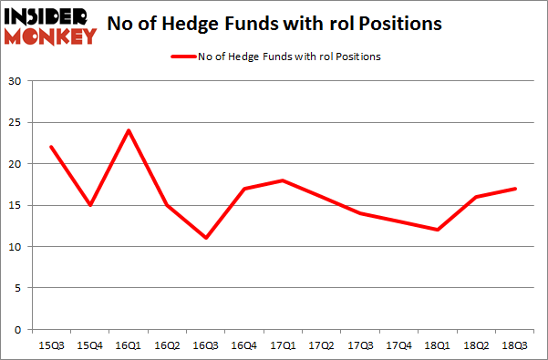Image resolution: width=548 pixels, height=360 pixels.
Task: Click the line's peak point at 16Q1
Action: tap(129, 130)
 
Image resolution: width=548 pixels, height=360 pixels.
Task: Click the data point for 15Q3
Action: tap(51, 147)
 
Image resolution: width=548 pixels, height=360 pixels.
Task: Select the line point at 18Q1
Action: tap(440, 230)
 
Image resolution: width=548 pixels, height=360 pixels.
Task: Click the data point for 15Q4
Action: tap(90, 205)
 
